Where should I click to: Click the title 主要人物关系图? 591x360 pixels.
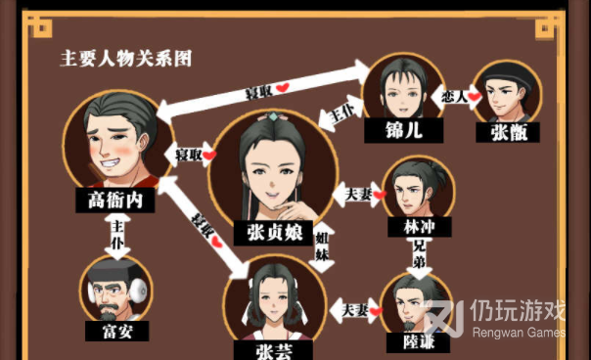(x=125, y=59)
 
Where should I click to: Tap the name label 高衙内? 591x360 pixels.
(x=115, y=200)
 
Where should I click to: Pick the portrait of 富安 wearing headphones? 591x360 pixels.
(x=116, y=290)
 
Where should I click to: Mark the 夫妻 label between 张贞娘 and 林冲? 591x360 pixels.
(x=358, y=195)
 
